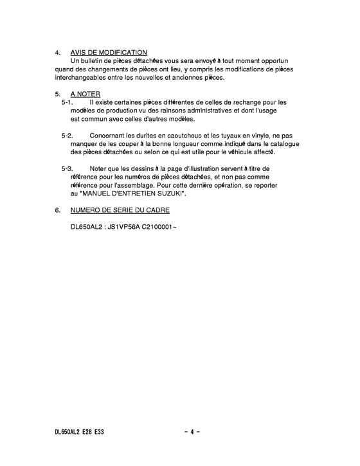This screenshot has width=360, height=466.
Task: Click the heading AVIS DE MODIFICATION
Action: [109, 52]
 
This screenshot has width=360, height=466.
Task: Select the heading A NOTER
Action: [85, 94]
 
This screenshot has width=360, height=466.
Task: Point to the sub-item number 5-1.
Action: [67, 102]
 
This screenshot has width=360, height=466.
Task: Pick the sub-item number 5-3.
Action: [67, 169]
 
